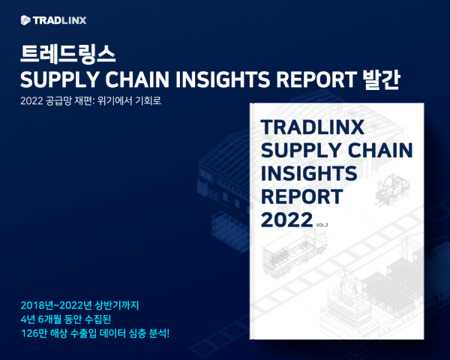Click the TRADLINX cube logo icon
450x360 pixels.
25,20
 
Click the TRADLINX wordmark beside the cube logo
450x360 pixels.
60,20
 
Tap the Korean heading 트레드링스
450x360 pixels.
67,54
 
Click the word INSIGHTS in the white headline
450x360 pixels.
223,79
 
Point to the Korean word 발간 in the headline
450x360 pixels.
381,79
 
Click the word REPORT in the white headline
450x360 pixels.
316,79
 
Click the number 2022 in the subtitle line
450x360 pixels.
31,101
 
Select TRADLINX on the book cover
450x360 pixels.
312,127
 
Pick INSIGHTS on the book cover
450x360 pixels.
309,173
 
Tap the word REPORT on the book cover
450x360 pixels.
302,196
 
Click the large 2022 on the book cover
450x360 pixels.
286,220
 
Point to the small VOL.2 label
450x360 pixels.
322,225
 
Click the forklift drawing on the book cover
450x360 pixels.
391,190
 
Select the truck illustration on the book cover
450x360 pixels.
295,254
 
